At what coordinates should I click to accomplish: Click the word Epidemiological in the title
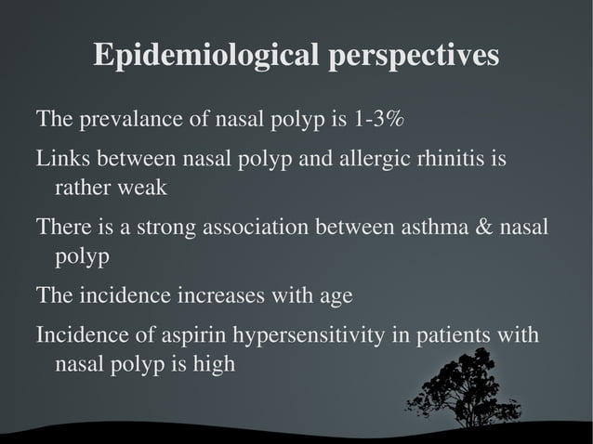click(x=207, y=56)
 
